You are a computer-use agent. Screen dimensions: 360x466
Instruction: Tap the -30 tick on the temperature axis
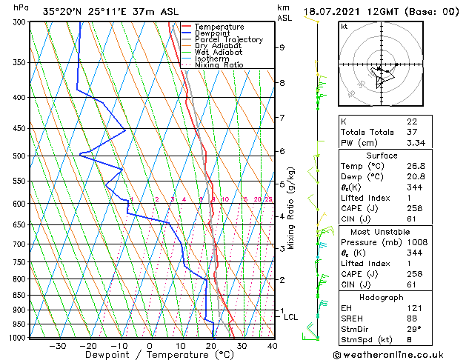(x=57, y=345)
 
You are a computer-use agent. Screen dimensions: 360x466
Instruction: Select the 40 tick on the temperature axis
(x=273, y=345)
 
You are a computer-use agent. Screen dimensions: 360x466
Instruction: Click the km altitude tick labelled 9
(x=282, y=47)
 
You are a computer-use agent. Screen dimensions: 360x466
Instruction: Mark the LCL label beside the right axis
(x=291, y=317)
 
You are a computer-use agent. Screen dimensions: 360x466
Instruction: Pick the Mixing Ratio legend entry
(x=219, y=65)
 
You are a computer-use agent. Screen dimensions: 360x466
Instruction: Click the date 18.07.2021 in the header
(x=351, y=11)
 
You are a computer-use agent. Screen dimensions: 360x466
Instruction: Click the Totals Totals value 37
(x=411, y=132)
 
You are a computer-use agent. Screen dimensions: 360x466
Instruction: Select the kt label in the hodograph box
(x=344, y=26)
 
